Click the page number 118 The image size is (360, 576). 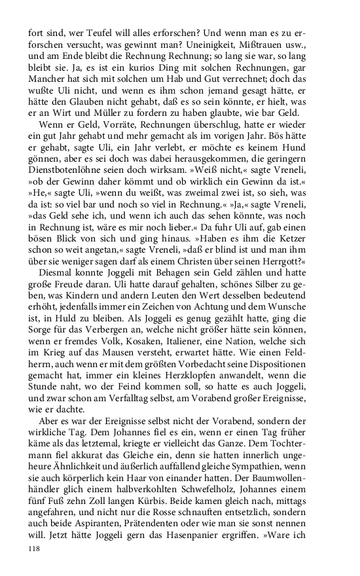35,550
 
